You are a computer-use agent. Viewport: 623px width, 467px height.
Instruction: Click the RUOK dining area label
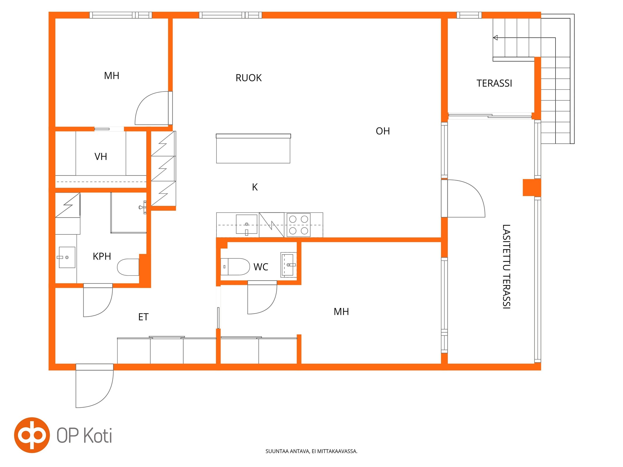249,78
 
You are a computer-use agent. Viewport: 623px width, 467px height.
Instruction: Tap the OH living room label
383,131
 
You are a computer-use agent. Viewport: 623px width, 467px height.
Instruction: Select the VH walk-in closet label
101,157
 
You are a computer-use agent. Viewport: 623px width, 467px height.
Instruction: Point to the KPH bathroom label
102,256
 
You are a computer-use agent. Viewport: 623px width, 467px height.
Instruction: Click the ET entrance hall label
143,317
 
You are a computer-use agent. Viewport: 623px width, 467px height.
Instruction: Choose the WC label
261,267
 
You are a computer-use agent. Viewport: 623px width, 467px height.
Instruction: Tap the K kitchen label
255,187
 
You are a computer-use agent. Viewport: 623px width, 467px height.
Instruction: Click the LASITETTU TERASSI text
506,266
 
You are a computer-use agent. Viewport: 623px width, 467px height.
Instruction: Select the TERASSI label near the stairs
494,83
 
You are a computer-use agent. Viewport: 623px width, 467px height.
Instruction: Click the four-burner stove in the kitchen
299,225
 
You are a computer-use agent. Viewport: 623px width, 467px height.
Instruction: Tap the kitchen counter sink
247,224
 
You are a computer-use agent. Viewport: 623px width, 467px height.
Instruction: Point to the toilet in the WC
235,267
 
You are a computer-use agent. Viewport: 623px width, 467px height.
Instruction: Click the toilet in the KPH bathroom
128,267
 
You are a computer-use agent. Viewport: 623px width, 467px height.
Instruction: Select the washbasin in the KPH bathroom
67,257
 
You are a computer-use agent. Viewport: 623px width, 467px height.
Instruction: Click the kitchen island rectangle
253,149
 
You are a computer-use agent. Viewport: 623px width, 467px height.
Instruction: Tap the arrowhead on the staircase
495,38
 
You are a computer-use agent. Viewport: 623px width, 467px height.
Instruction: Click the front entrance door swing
94,386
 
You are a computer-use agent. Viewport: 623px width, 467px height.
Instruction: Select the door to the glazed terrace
463,198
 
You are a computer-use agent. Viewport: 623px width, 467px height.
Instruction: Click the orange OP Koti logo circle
32,435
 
